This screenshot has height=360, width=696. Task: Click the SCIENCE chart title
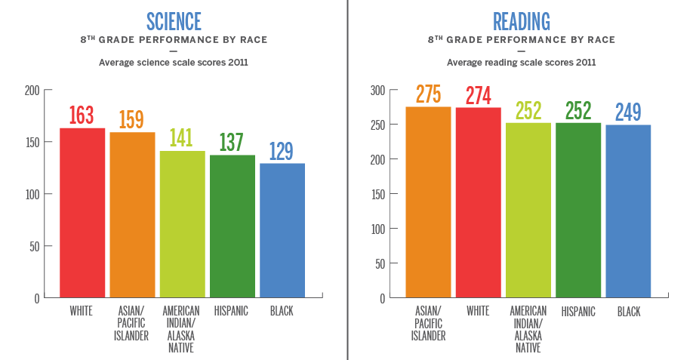click(174, 20)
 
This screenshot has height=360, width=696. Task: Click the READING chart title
click(521, 20)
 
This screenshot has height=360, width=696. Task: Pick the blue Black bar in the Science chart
click(282, 230)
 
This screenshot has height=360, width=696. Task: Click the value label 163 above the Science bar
click(82, 115)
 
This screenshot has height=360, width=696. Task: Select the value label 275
click(428, 94)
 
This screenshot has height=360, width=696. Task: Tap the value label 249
click(628, 112)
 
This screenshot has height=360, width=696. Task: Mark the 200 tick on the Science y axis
click(32, 91)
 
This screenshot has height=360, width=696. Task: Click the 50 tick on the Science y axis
click(34, 246)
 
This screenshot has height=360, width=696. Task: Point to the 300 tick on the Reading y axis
click(377, 91)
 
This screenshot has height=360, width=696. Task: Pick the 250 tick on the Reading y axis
click(377, 125)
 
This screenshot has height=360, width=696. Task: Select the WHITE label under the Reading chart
click(478, 311)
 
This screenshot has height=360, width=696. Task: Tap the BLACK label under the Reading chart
click(628, 311)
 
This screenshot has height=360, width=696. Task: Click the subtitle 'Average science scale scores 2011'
click(174, 63)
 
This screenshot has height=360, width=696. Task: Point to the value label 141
click(182, 138)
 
